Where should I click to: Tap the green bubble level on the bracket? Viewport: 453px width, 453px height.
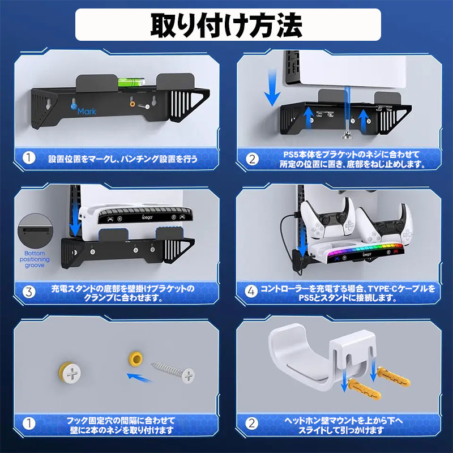click(x=131, y=82)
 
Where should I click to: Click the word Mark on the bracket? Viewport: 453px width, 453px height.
click(x=87, y=111)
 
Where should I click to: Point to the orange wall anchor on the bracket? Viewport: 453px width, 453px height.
click(x=133, y=104)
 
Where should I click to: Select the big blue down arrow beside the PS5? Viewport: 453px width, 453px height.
click(x=272, y=88)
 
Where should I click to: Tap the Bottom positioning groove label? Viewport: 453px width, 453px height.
click(x=35, y=259)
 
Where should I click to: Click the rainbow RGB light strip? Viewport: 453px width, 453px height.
click(x=365, y=249)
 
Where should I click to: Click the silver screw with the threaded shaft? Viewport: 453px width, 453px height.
click(x=173, y=372)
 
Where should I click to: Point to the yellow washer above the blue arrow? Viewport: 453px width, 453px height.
click(x=136, y=359)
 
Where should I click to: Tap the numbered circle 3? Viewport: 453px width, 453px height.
click(x=29, y=292)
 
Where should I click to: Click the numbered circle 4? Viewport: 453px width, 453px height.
click(x=251, y=291)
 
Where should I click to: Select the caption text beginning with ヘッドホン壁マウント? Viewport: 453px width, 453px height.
click(x=343, y=425)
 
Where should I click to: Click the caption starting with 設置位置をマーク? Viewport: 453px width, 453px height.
click(x=123, y=159)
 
